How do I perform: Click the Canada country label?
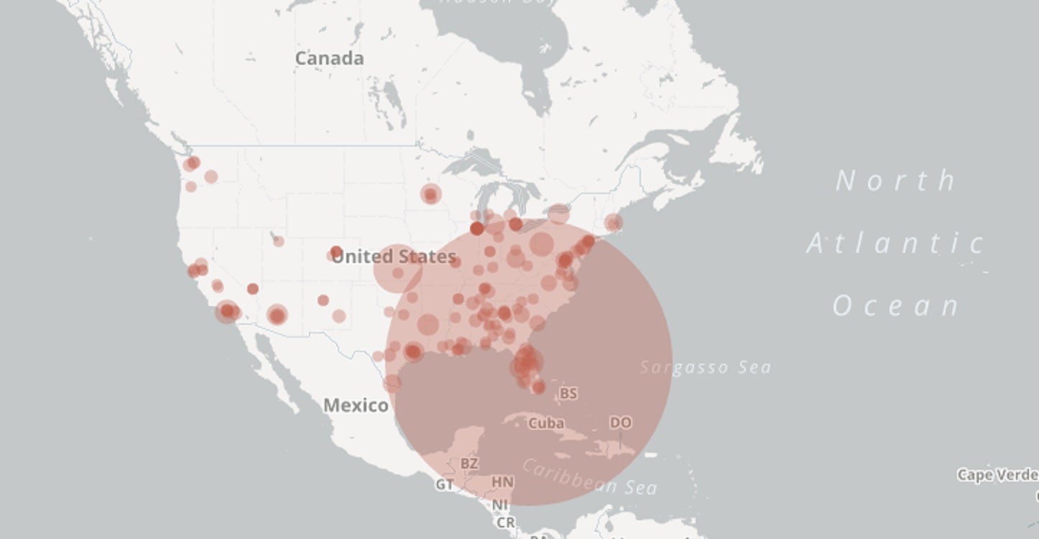(x=329, y=58)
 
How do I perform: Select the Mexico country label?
(x=356, y=405)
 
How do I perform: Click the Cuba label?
(x=546, y=423)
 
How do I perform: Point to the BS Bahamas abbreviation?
(x=568, y=393)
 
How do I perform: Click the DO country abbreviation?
(x=620, y=423)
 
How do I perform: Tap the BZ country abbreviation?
(x=469, y=464)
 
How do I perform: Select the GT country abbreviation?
(x=445, y=485)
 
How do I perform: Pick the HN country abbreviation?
(x=502, y=482)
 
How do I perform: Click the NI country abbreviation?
(x=500, y=505)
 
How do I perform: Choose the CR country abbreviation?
(x=505, y=522)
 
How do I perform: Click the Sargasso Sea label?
(x=705, y=367)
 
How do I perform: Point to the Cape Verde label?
(x=997, y=475)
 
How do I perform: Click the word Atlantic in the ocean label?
(x=895, y=244)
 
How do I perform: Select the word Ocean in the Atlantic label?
(x=896, y=306)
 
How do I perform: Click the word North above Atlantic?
(x=896, y=180)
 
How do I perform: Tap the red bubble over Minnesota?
(x=430, y=194)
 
